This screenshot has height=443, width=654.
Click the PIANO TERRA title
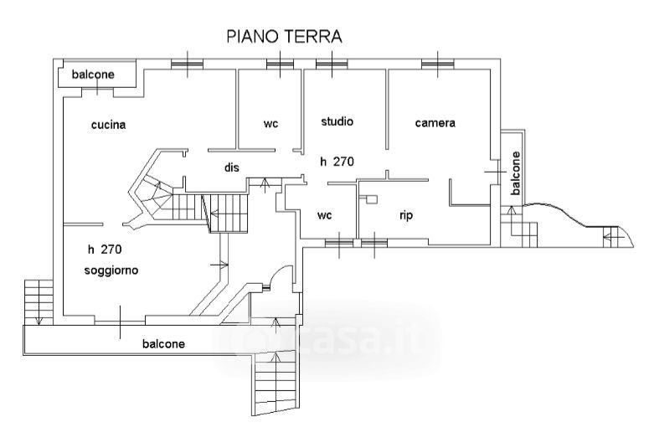284,36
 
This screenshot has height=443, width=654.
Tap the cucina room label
109,124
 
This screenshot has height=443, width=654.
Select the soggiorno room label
111,270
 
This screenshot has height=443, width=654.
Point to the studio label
337,121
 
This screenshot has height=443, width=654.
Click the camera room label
435,123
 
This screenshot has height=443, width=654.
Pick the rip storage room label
406,215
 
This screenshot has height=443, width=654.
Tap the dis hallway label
232,167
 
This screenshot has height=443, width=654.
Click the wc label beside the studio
270,124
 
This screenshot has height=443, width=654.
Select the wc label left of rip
325,215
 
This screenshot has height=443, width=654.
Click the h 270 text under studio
337,162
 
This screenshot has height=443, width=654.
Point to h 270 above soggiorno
105,250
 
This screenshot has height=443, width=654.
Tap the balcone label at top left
93,75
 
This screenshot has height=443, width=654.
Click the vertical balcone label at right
516,173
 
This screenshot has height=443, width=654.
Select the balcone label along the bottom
163,343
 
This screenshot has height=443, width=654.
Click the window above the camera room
437,64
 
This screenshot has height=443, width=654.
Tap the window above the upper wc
280,64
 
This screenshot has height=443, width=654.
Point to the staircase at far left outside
39,302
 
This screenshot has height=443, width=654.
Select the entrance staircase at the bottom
276,383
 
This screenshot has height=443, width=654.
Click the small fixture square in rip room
371,199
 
